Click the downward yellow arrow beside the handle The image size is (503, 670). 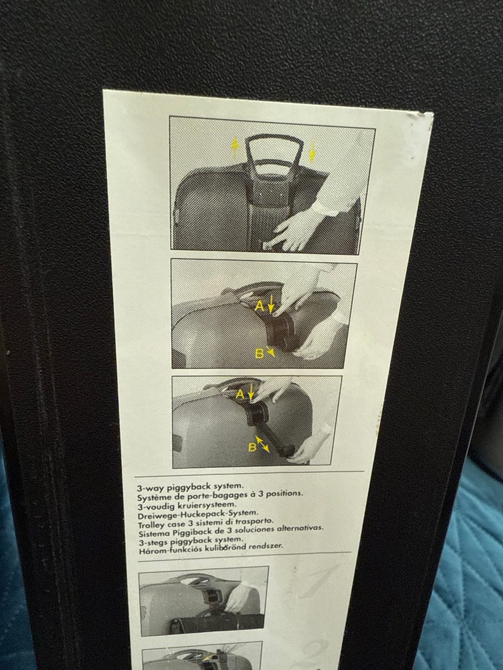(312, 151)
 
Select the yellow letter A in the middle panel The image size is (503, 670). (259, 306)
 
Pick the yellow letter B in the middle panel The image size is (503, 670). (259, 353)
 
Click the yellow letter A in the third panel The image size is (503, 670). (240, 395)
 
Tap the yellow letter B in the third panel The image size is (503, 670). (252, 448)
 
